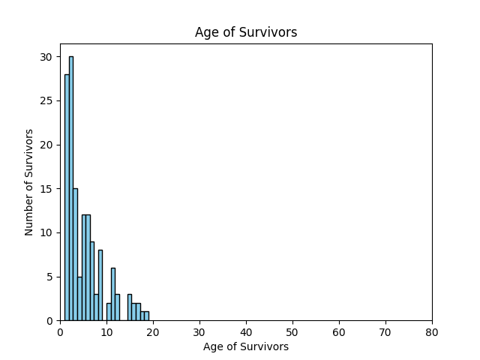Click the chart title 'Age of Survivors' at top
[x=246, y=32]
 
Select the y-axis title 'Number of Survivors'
[x=29, y=182]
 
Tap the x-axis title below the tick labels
[x=246, y=347]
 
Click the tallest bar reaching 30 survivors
[x=71, y=187]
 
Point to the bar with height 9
[x=92, y=280]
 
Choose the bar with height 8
[x=100, y=285]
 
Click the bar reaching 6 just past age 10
[x=113, y=294]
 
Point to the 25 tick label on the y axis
[x=46, y=100]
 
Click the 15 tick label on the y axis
[x=46, y=189]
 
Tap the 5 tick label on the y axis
[x=49, y=277]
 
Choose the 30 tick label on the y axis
[x=46, y=57]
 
